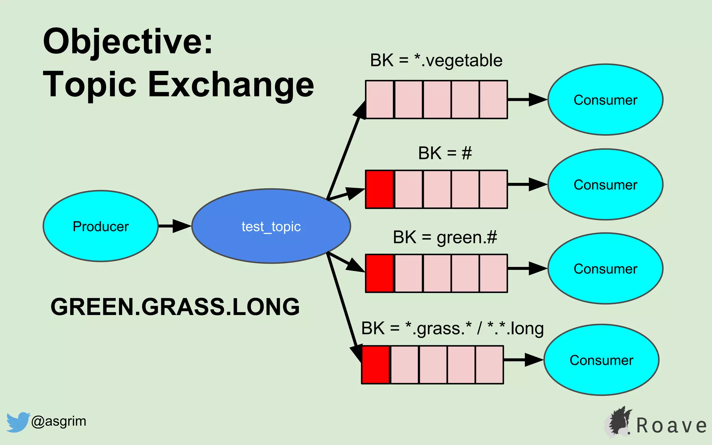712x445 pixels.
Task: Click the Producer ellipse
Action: point(100,226)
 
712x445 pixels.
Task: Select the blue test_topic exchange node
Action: point(271,226)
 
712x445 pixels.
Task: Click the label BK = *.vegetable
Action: point(436,60)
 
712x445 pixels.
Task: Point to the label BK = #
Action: point(445,153)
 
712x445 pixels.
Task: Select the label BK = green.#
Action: point(445,237)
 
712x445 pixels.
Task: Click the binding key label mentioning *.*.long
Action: point(452,329)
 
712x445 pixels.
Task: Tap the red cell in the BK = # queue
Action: point(380,189)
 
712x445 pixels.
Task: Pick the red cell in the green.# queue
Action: point(380,273)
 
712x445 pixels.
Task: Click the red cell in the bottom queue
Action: point(376,365)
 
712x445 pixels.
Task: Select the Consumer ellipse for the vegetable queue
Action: point(605,100)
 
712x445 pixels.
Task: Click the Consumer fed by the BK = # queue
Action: point(605,185)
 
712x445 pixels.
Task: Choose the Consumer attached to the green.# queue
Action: point(605,269)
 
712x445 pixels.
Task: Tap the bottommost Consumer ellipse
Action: point(601,360)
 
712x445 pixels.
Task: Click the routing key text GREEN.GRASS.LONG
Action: point(175,307)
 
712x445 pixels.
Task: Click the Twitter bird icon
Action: point(17,422)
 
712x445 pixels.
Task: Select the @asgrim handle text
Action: point(58,421)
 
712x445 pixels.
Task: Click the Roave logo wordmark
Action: point(671,426)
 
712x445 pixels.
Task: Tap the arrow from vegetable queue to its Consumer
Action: point(527,99)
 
